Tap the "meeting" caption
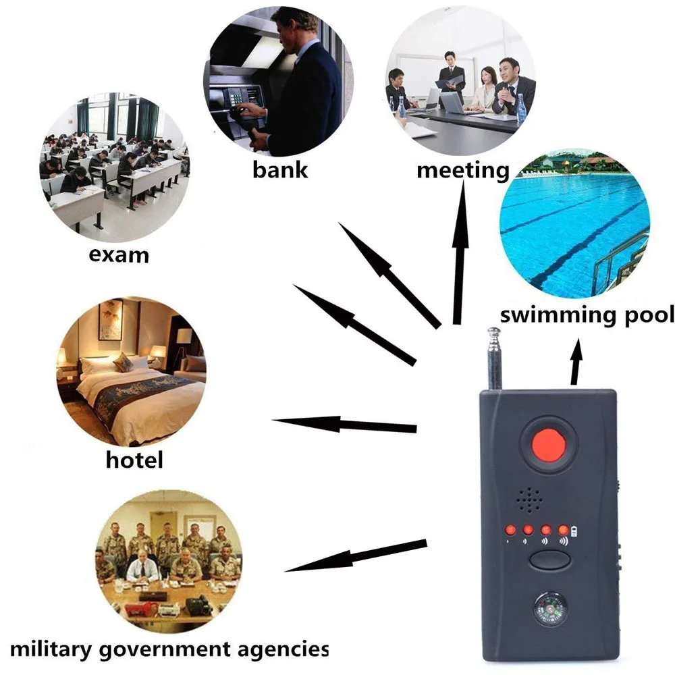[462, 169]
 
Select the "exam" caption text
[119, 255]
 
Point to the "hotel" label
[134, 460]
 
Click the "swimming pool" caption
[587, 315]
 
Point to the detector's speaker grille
[529, 500]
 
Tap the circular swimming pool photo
[574, 224]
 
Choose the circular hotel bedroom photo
[131, 370]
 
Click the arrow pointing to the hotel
[344, 425]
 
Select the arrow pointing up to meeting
[461, 256]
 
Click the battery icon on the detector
[574, 529]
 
